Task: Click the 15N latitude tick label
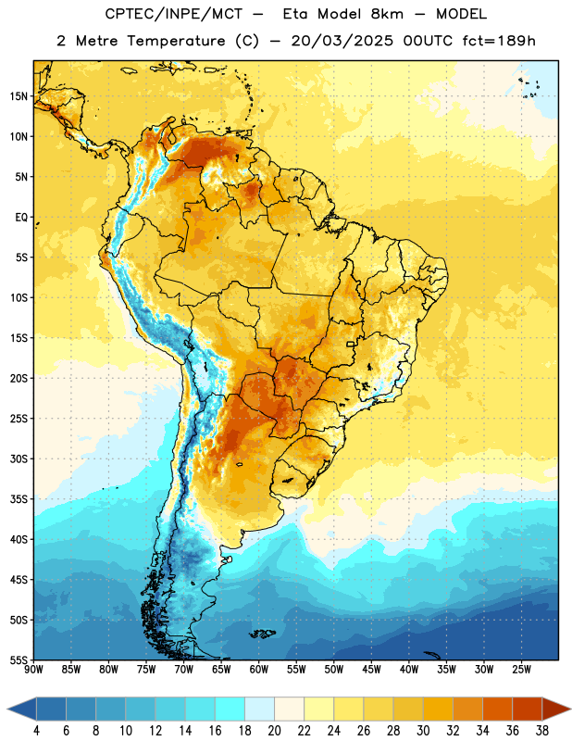pyautogui.click(x=19, y=96)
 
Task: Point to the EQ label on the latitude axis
pyautogui.click(x=21, y=218)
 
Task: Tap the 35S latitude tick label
pyautogui.click(x=19, y=499)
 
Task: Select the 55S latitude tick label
pyautogui.click(x=19, y=659)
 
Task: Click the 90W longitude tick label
pyautogui.click(x=34, y=669)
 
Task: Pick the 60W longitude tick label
pyautogui.click(x=259, y=669)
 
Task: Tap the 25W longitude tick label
pyautogui.click(x=521, y=669)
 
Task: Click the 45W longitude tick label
pyautogui.click(x=371, y=669)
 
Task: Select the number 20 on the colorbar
pyautogui.click(x=274, y=731)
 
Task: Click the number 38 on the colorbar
pyautogui.click(x=542, y=731)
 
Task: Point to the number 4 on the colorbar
pyautogui.click(x=36, y=731)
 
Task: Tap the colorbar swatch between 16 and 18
pyautogui.click(x=230, y=709)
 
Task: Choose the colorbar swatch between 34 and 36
pyautogui.click(x=497, y=709)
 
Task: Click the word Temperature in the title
pyautogui.click(x=176, y=41)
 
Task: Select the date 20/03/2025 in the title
pyautogui.click(x=342, y=41)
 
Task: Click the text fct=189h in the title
pyautogui.click(x=499, y=41)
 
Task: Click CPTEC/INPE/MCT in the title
pyautogui.click(x=173, y=14)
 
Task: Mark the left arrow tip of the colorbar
pyautogui.click(x=8, y=709)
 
